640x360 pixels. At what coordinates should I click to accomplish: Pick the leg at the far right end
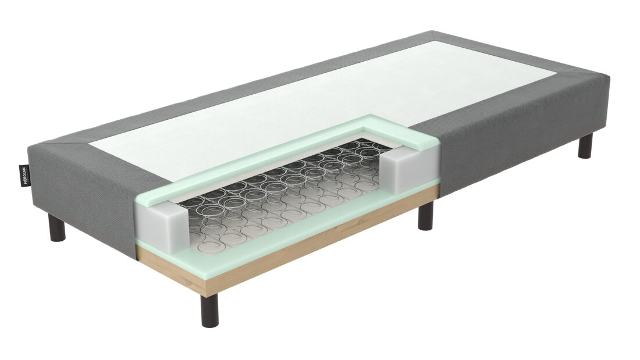pos(585,146)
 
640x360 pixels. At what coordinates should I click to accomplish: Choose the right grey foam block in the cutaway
pos(405,168)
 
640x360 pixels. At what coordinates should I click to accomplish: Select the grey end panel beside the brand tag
pos(44,186)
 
